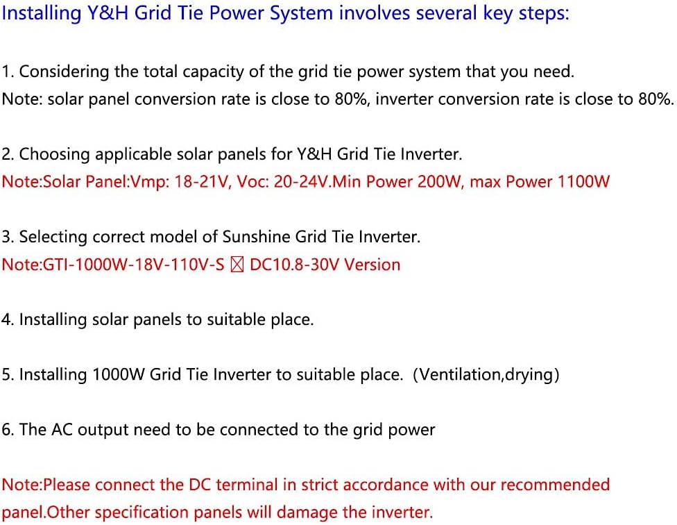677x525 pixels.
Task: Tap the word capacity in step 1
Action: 209,72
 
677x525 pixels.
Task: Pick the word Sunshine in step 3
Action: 256,237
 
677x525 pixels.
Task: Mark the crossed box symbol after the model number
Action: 237,265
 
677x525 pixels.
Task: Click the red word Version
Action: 372,265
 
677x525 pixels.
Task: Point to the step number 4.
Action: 6,319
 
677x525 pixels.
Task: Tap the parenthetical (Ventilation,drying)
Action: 486,374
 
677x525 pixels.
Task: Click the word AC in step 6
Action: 62,430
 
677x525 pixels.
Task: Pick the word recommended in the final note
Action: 555,485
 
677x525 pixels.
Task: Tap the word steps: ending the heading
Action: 545,14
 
